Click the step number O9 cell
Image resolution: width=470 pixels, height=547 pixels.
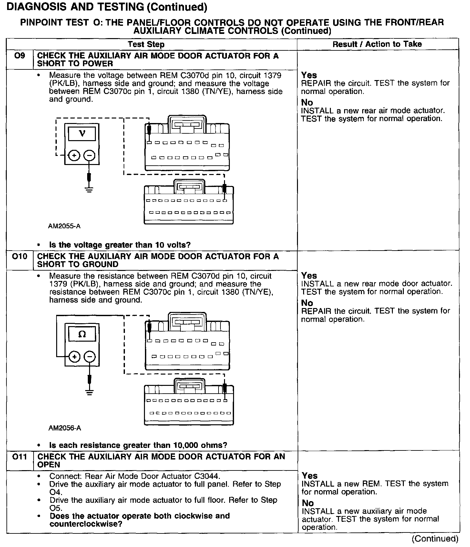(19, 56)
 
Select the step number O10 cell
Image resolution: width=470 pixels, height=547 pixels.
(19, 257)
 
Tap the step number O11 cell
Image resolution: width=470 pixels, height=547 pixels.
(19, 457)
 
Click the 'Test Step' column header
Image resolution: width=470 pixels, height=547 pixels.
(146, 45)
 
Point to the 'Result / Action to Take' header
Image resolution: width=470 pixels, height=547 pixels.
(377, 44)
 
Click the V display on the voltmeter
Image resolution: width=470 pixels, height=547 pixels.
(82, 133)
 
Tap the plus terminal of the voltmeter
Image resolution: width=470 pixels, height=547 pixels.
(74, 156)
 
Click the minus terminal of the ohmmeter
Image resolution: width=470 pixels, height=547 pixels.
(90, 357)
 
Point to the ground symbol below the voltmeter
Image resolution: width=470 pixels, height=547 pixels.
(89, 189)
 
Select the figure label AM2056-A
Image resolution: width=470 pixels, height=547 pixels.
(65, 428)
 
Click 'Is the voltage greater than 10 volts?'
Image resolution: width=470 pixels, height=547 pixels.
(120, 245)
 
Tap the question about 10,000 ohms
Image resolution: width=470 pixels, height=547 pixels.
(138, 445)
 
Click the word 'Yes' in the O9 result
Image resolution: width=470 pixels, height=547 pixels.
(309, 75)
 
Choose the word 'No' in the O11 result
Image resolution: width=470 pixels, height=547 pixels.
(308, 503)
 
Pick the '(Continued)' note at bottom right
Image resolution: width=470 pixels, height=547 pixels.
(434, 539)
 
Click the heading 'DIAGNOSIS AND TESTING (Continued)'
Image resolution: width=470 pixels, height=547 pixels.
(107, 7)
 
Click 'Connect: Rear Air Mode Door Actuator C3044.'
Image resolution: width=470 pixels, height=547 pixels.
(135, 476)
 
